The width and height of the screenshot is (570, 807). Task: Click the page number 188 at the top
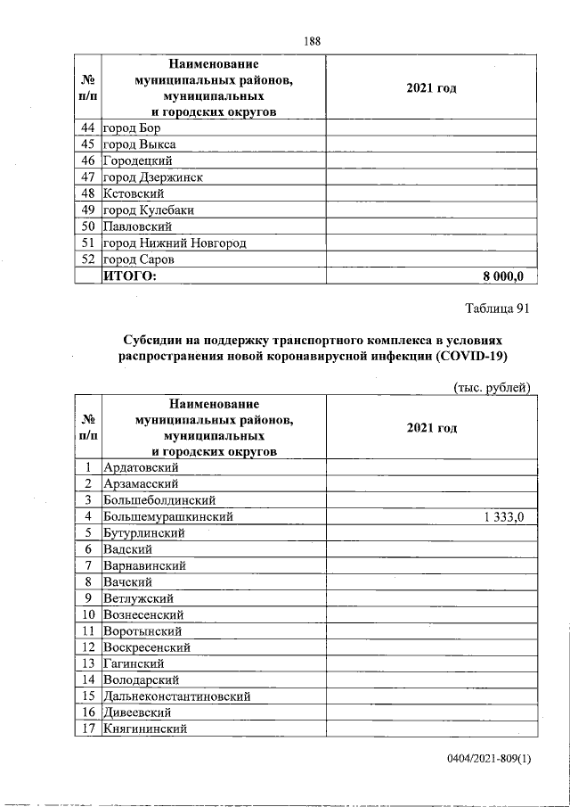click(x=311, y=41)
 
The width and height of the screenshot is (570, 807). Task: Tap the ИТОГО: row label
click(x=131, y=276)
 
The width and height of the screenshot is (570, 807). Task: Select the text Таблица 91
click(x=498, y=309)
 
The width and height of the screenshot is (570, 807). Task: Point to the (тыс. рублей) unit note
click(x=493, y=387)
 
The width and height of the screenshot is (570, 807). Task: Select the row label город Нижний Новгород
click(x=175, y=243)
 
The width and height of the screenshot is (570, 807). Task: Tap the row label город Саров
click(x=139, y=259)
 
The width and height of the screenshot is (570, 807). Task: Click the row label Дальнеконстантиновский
click(x=176, y=696)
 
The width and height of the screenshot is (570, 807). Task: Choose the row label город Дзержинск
click(x=153, y=177)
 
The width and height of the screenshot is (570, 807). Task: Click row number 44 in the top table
click(x=87, y=128)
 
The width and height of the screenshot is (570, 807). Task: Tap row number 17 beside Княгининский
click(x=89, y=729)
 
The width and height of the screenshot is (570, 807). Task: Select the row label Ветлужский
click(x=138, y=598)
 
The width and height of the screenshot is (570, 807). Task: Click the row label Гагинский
click(x=134, y=663)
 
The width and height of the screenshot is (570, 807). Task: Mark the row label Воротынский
click(x=142, y=630)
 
